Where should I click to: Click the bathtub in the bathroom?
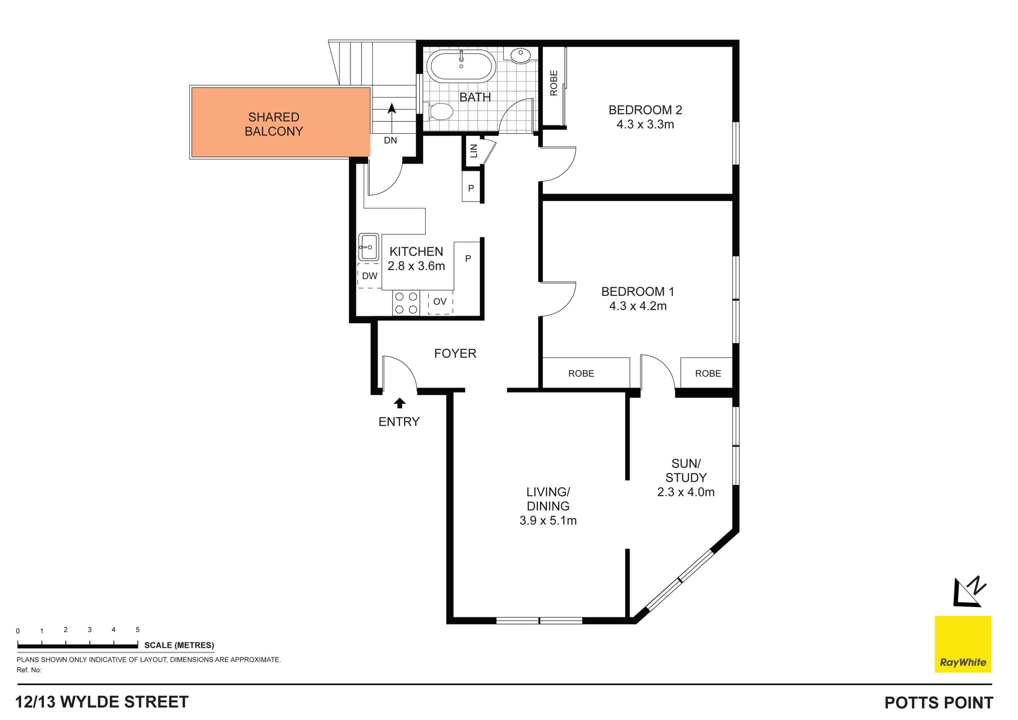coord(461,66)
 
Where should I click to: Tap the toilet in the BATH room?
coord(441,111)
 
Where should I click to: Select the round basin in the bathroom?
coord(521,55)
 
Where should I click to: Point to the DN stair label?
coord(390,141)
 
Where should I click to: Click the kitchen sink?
coord(368,247)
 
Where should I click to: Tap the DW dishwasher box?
coord(370,276)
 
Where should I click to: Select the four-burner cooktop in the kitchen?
coord(406,303)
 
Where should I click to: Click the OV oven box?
coord(440,302)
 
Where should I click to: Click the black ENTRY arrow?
coord(400,403)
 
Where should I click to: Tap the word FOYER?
coord(455,354)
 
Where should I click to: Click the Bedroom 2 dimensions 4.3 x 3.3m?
coord(645,125)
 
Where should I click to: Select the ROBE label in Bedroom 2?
coord(554,83)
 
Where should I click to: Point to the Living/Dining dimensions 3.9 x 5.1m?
coord(548,521)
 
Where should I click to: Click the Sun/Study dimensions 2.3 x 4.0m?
coord(686,492)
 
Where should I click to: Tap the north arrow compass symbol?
coord(969,592)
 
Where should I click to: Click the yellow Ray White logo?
coord(962,644)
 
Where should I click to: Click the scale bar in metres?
coord(77,646)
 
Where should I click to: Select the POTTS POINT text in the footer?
coord(938,703)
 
